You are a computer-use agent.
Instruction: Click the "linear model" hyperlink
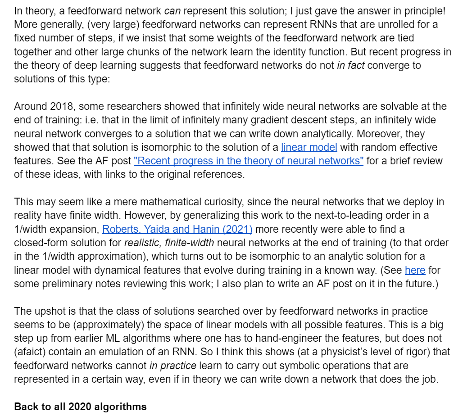pyautogui.click(x=309, y=147)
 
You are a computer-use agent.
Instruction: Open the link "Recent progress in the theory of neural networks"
pyautogui.click(x=249, y=161)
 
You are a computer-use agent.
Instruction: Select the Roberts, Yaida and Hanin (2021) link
pyautogui.click(x=177, y=229)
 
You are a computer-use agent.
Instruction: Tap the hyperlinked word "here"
pyautogui.click(x=415, y=271)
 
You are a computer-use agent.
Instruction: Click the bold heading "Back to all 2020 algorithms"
pyautogui.click(x=80, y=407)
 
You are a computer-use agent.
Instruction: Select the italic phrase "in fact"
pyautogui.click(x=351, y=65)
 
